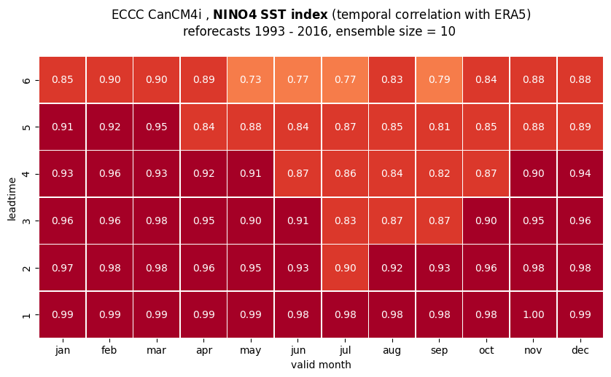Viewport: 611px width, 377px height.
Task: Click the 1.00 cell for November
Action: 533,314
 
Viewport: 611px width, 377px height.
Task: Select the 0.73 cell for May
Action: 251,80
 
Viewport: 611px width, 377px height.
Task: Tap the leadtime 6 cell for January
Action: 63,80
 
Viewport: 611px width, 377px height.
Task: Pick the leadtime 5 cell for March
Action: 157,127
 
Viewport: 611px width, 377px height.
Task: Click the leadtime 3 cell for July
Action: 345,221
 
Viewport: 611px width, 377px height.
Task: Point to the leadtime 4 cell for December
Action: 580,174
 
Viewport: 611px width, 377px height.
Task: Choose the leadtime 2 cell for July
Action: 345,268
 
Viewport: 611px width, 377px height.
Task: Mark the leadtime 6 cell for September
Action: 439,80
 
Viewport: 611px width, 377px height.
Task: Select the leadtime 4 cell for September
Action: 439,174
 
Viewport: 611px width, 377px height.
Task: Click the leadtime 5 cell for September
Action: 439,127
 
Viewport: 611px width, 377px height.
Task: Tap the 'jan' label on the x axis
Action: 63,351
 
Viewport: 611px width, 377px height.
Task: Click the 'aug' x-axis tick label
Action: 392,351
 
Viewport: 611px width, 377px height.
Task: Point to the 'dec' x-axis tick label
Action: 580,350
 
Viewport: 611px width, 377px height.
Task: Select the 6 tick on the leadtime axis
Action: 26,80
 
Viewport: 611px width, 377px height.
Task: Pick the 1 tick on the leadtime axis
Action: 26,314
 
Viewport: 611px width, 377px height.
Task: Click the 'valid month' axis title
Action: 321,365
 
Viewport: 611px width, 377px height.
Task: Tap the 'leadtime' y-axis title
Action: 12,199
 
